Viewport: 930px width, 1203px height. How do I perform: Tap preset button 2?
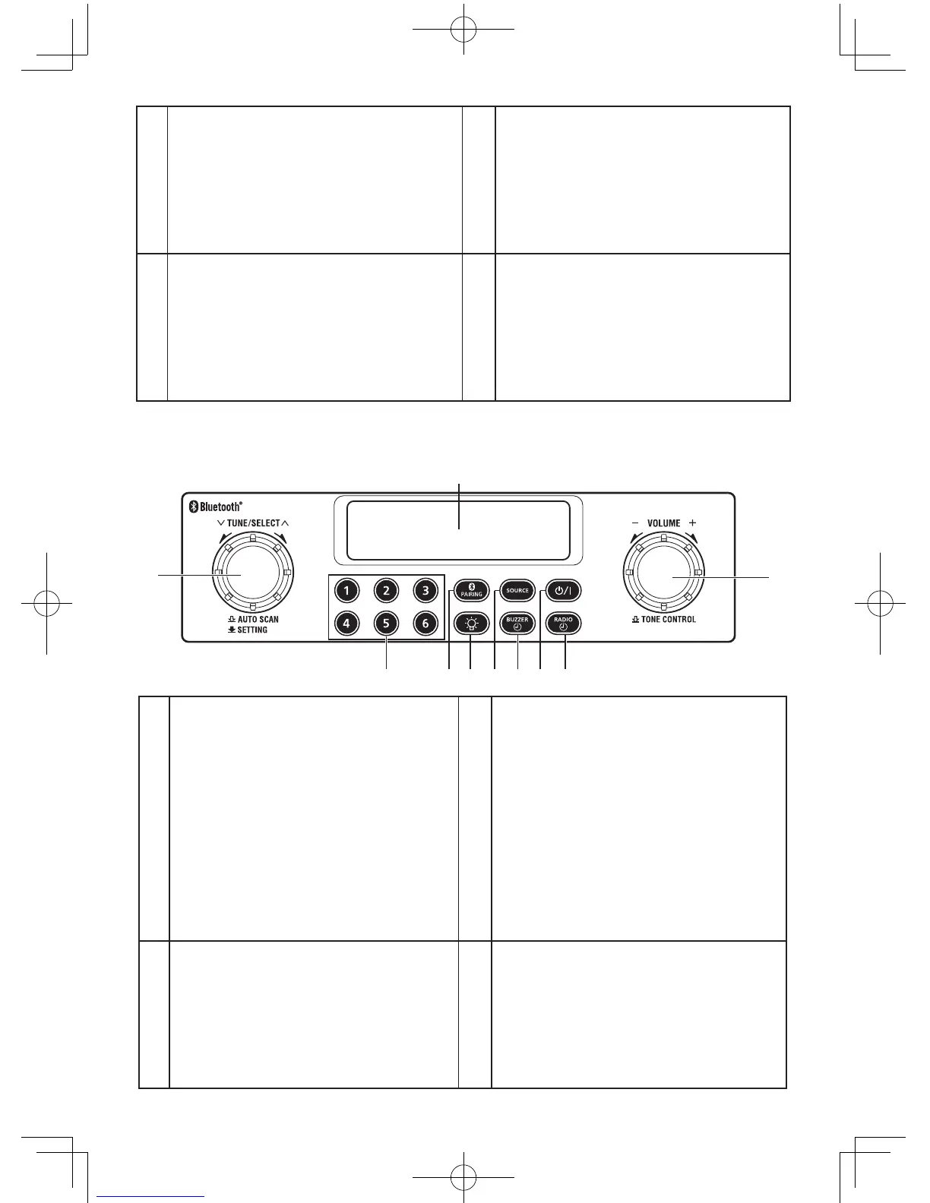(386, 590)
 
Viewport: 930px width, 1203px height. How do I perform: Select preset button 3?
(425, 590)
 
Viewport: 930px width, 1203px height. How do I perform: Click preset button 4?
(346, 624)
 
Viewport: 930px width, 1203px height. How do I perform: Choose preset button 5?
(386, 624)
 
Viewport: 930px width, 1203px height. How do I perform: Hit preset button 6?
(425, 624)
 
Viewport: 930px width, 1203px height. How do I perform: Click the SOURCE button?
(517, 590)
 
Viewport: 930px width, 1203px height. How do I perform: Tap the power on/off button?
(563, 590)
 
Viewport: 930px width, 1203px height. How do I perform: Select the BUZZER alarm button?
(517, 624)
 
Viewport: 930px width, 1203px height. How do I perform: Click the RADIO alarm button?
(563, 624)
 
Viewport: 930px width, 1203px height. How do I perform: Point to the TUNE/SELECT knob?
(252, 575)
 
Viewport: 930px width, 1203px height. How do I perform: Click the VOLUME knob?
(664, 575)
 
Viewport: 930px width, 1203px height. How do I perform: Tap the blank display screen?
(457, 531)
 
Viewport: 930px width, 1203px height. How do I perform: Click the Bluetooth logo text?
(220, 507)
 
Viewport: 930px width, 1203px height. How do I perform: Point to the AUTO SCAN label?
(258, 619)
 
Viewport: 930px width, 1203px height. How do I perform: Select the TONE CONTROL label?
(668, 619)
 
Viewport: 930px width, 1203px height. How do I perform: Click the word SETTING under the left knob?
(252, 630)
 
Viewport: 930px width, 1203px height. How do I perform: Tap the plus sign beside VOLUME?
(692, 523)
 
